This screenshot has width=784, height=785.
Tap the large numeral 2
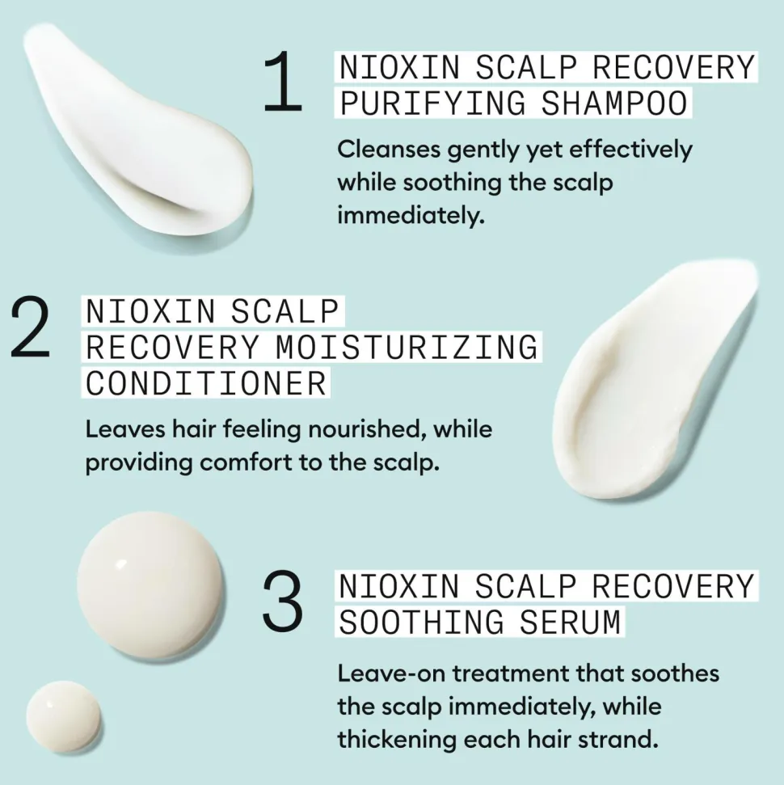(x=31, y=327)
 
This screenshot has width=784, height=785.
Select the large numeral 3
(x=282, y=599)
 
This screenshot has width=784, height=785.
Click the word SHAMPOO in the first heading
(x=613, y=103)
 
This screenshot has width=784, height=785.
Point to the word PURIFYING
(x=433, y=103)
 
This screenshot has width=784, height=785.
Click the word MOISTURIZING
(x=407, y=347)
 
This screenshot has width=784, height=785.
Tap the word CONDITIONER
(x=206, y=383)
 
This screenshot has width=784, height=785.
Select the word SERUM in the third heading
(x=571, y=623)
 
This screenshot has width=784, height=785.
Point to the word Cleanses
(x=389, y=150)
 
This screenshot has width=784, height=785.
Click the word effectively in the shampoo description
(x=630, y=150)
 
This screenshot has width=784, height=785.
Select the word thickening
(x=395, y=741)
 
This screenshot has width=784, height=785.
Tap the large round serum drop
(x=150, y=585)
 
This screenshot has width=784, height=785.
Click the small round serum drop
(x=64, y=717)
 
